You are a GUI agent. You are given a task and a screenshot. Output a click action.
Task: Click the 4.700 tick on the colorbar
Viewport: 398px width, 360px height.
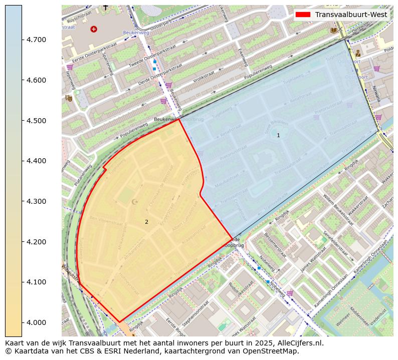click(36, 40)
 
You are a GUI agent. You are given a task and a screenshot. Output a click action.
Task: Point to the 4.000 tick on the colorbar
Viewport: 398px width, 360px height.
click(36, 322)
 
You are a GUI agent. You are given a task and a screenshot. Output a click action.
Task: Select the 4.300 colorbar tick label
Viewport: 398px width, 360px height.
click(36, 201)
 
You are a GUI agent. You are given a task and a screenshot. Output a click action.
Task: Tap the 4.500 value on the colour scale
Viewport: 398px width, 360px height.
click(36, 121)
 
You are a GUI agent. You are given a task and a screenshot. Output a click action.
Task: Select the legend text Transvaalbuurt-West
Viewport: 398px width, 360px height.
click(351, 15)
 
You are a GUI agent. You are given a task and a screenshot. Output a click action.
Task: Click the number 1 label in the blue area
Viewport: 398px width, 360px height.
click(278, 135)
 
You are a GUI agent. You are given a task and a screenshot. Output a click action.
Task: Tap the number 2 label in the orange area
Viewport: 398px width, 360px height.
click(146, 222)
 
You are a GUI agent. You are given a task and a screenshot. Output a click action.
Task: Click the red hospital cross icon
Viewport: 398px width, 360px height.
click(94, 29)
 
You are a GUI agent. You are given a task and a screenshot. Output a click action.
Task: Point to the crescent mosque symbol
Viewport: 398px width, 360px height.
click(134, 202)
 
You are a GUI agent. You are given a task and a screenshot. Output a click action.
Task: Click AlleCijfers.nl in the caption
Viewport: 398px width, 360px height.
click(298, 343)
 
